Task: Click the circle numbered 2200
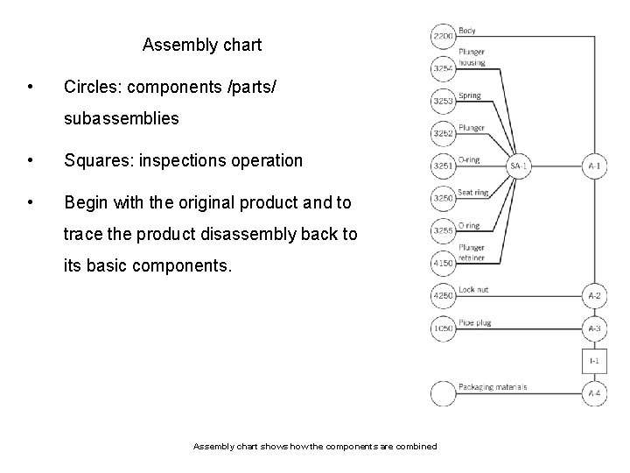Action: [443, 36]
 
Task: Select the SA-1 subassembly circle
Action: [520, 166]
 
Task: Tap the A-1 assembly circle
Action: [595, 166]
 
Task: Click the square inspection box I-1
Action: [595, 360]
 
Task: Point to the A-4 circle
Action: [595, 393]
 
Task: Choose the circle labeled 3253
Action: [443, 101]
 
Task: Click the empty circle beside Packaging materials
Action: [443, 393]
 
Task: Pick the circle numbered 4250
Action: [443, 295]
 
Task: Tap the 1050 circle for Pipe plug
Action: [443, 328]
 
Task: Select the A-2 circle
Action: [595, 295]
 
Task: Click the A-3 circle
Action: [595, 328]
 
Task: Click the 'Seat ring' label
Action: [473, 192]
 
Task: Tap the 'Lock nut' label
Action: [473, 288]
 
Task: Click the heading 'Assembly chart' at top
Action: [201, 45]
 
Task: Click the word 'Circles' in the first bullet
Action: [91, 88]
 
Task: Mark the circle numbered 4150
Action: [443, 263]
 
